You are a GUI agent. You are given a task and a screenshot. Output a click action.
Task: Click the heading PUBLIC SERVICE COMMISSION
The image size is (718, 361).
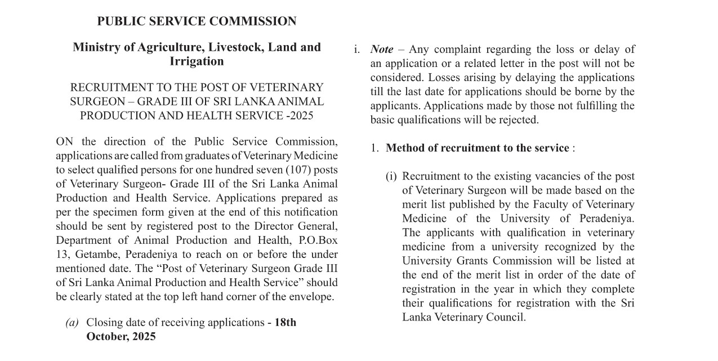[x=197, y=21]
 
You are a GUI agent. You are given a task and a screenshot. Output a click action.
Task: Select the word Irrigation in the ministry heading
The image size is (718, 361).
[x=197, y=61]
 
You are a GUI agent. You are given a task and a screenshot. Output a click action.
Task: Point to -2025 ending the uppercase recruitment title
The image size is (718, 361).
[x=300, y=115]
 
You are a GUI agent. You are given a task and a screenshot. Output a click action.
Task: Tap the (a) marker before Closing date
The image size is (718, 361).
[x=72, y=323]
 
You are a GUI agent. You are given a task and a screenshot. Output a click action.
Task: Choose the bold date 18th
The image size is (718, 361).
[x=285, y=323]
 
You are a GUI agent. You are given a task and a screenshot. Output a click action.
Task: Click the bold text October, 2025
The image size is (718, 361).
[x=121, y=337]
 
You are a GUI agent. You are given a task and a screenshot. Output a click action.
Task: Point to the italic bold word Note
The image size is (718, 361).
[x=382, y=50]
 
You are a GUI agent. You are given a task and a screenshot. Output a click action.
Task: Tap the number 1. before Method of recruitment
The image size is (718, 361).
[x=374, y=148]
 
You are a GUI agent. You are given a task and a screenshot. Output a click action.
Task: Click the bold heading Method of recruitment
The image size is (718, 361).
[x=478, y=148]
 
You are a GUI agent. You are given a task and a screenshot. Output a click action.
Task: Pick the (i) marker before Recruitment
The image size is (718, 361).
[x=391, y=176]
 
